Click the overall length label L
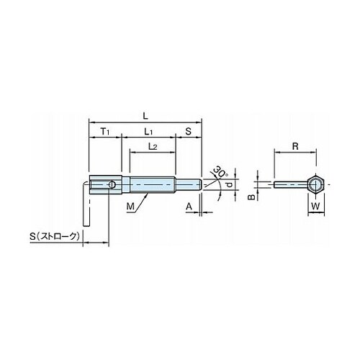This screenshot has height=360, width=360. coord(145,117)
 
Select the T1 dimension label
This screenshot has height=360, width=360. coord(105,132)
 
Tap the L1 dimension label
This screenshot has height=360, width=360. coord(148,132)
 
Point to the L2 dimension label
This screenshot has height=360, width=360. coord(153,146)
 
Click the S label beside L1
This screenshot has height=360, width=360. coord(189,131)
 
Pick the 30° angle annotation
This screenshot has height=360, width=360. coord(220,171)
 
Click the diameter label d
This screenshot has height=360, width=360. coord(230,184)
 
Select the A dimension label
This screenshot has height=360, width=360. coord(189,206)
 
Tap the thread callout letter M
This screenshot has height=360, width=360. coord(130,206)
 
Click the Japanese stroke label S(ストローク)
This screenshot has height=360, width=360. coord(55,236)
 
